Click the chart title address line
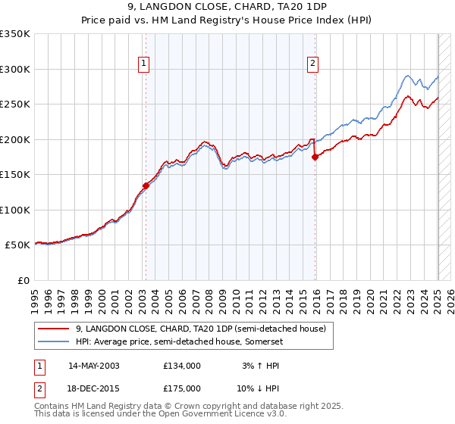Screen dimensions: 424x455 [227, 7]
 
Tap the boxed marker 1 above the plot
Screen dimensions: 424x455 [144, 64]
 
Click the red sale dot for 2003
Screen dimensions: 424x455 [146, 185]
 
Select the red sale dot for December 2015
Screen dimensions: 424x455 [315, 157]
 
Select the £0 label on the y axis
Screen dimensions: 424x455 [24, 280]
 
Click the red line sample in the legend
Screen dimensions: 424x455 [54, 329]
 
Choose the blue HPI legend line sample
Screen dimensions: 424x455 [54, 341]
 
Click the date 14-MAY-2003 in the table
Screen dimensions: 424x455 [94, 366]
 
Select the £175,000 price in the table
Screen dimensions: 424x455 [182, 388]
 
